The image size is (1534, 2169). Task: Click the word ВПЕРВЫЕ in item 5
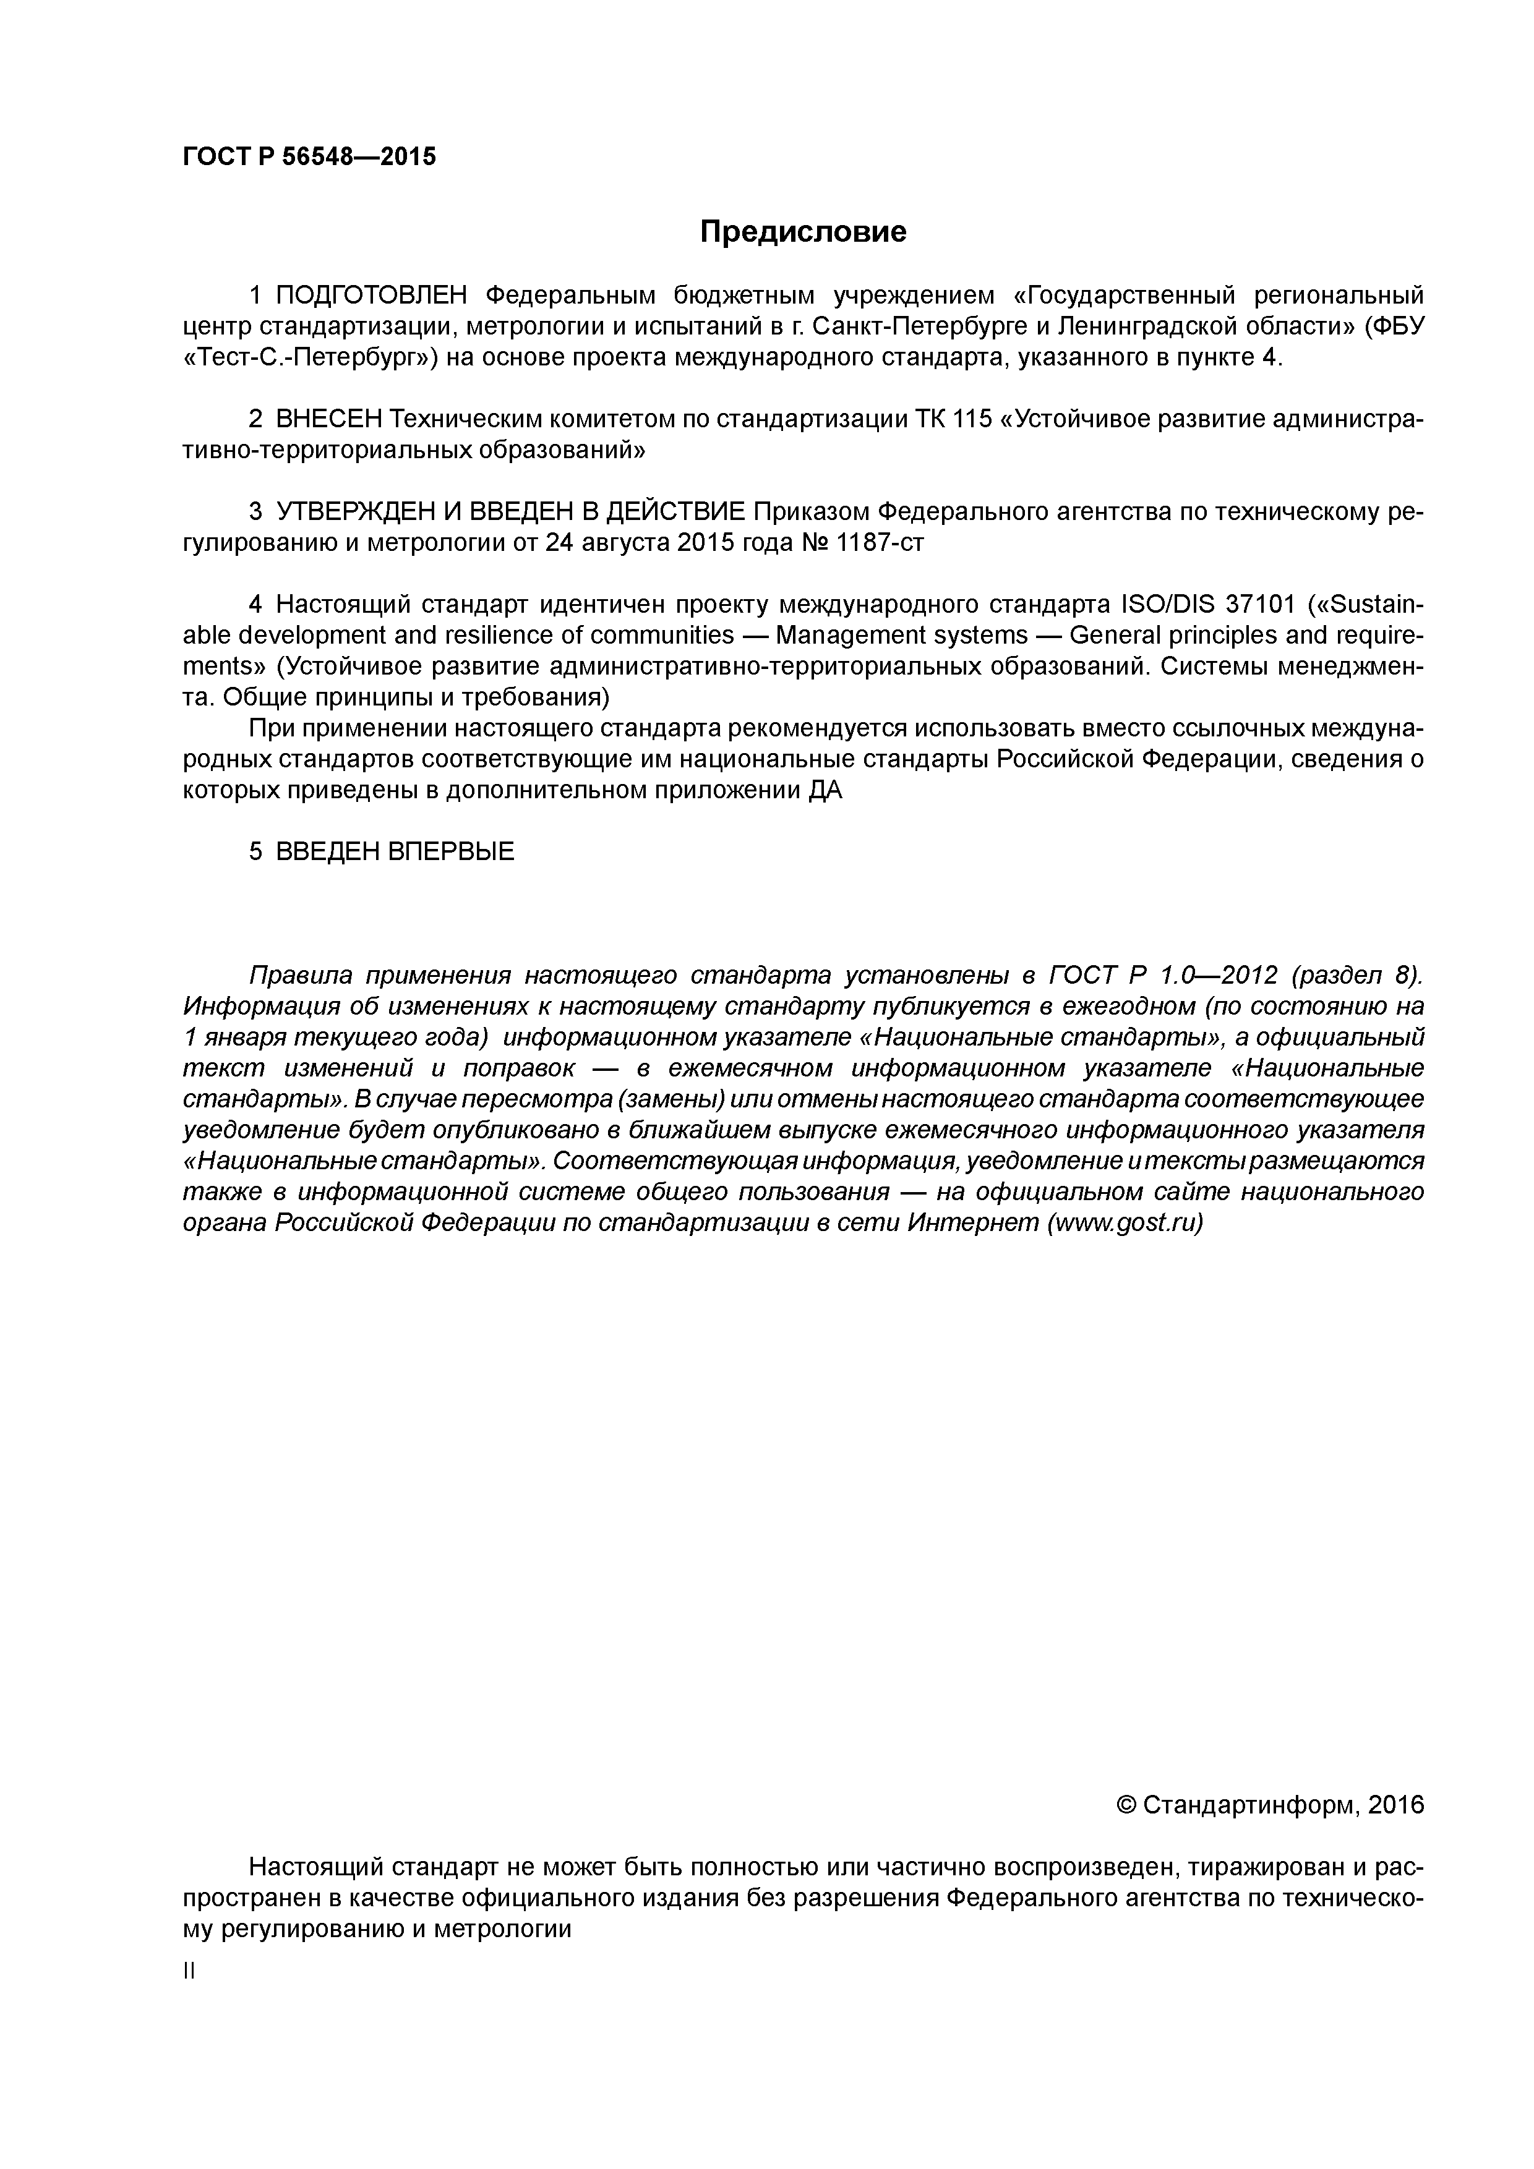point(451,852)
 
